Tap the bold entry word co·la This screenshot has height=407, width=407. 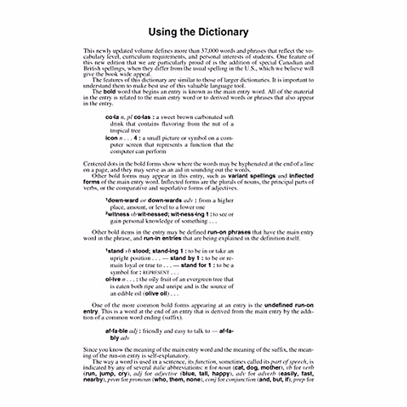[112, 117]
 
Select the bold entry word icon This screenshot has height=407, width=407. [111, 138]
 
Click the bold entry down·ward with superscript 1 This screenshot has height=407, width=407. [122, 200]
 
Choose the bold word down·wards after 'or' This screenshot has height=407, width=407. [164, 200]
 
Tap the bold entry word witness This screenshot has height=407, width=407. [118, 214]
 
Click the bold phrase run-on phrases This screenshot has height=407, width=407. [229, 232]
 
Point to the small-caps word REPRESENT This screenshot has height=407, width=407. [156, 272]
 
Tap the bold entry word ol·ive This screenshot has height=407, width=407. [113, 279]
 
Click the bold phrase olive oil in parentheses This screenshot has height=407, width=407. [156, 294]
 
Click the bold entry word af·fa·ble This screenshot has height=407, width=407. [117, 331]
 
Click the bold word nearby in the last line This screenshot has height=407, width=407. [93, 380]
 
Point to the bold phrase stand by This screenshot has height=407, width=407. [183, 258]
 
